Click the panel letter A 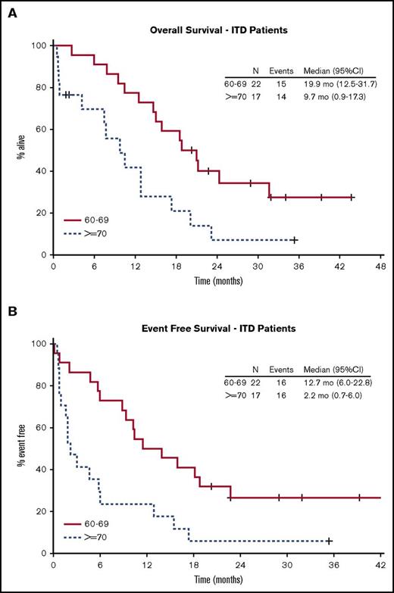coord(11,10)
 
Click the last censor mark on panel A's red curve coord(351,198)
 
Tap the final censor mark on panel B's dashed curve coord(329,541)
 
